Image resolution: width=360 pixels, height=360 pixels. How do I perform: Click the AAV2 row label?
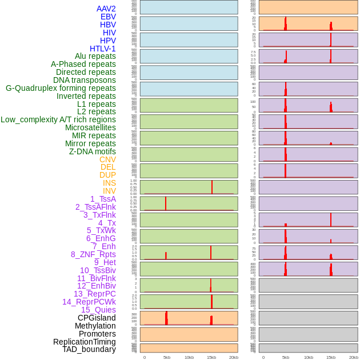point(106,9)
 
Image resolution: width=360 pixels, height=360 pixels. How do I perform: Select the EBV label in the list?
point(108,17)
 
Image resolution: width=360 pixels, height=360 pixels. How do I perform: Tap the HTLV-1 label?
point(103,49)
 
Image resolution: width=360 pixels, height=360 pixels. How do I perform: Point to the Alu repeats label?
point(95,56)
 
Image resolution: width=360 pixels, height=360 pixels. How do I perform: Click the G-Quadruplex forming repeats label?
point(61,88)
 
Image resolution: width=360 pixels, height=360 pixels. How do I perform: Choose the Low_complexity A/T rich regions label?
point(58,119)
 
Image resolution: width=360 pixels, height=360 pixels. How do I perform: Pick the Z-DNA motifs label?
point(93,151)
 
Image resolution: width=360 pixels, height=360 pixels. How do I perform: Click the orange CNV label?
point(107,159)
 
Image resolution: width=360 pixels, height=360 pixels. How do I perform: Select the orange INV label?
point(109,191)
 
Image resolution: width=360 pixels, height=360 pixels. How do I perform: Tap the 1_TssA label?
point(103,199)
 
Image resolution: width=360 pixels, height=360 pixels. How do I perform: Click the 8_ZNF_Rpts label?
point(93,254)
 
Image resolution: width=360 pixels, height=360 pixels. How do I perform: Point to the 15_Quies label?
point(98,310)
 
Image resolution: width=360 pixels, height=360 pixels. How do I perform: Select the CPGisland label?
point(97,318)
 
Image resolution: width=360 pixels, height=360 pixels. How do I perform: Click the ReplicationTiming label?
point(85,342)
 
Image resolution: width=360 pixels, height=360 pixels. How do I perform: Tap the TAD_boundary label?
point(89,349)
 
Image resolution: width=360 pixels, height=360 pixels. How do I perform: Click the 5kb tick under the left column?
point(167,357)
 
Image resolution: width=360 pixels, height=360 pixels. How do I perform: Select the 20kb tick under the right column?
point(353,357)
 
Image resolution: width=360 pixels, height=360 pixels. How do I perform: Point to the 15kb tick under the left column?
point(211,357)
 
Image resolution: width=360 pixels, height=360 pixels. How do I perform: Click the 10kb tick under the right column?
point(308,357)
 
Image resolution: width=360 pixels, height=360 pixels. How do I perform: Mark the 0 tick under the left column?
point(144,357)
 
